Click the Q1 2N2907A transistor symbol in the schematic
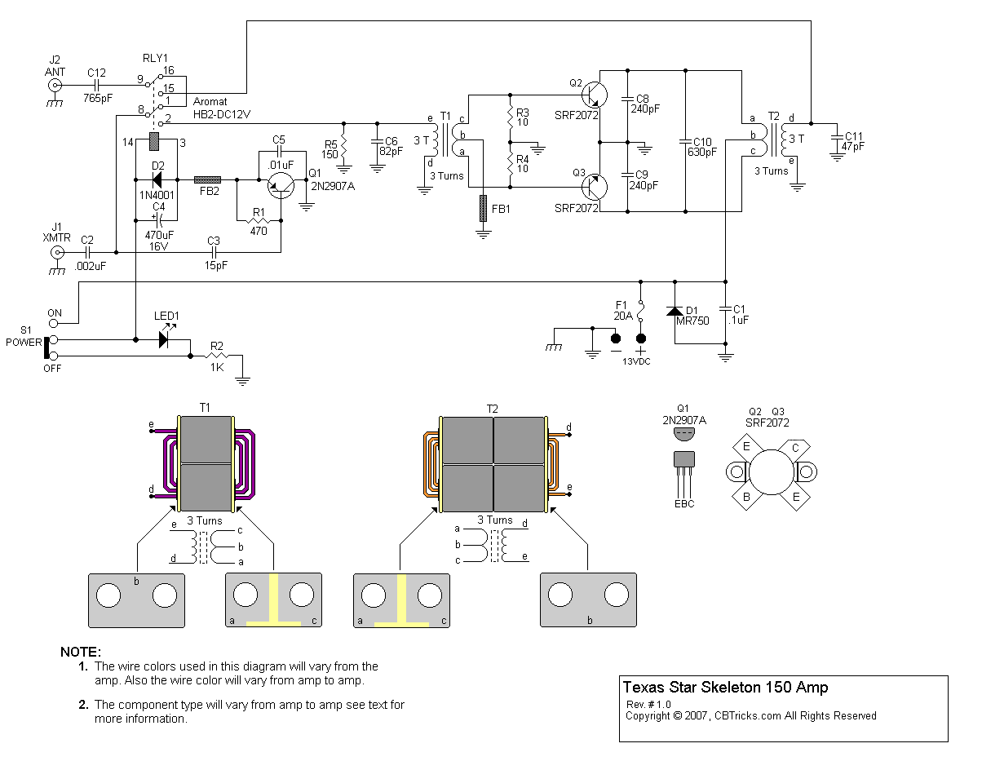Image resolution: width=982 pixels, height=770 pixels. pos(282,186)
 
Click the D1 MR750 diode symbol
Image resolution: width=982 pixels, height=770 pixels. pos(675,312)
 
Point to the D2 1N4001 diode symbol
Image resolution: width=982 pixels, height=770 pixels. pos(157,178)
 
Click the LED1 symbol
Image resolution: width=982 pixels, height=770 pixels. pos(166,337)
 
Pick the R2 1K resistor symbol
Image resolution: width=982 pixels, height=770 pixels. pos(217,356)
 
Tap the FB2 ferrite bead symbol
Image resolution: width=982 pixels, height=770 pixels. pos(207,178)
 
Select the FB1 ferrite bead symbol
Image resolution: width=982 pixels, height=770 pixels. pos(483,209)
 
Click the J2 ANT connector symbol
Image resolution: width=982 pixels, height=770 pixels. pos(55,84)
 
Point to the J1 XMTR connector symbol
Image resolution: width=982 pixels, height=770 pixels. pos(57,253)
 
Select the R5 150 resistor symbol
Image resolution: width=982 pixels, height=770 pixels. pos(343,148)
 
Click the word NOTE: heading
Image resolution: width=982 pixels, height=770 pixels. pos(81,652)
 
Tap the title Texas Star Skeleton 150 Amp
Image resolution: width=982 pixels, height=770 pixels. pos(725,688)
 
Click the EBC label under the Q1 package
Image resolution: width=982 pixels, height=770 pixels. pos(684,503)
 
